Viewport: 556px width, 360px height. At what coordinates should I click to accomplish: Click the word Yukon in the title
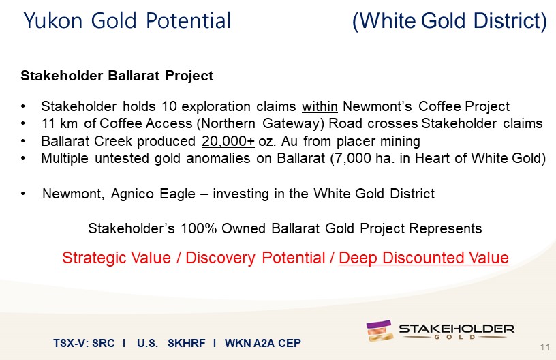(x=53, y=20)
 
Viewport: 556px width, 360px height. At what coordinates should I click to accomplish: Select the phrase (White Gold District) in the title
(x=450, y=21)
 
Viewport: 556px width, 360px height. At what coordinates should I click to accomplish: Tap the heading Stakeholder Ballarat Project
(x=117, y=76)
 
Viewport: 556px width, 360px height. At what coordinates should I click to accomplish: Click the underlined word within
(x=320, y=106)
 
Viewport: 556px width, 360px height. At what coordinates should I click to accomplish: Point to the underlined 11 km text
(x=59, y=123)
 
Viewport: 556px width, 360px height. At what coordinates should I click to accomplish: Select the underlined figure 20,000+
(x=228, y=141)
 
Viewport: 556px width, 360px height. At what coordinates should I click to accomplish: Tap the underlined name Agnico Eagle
(x=153, y=194)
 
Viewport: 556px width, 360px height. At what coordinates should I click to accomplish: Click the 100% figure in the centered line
(x=198, y=228)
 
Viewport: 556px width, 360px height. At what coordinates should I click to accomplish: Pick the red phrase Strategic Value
(x=117, y=258)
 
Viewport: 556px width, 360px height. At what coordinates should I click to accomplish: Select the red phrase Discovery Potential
(x=256, y=258)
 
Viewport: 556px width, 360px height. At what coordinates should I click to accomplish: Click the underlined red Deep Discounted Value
(x=424, y=258)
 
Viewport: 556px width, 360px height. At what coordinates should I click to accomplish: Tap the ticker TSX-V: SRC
(x=84, y=343)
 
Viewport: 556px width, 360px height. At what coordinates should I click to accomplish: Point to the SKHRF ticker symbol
(x=187, y=343)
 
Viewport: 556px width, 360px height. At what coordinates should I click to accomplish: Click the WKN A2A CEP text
(x=263, y=343)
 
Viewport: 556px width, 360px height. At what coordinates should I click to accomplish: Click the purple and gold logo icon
(x=380, y=331)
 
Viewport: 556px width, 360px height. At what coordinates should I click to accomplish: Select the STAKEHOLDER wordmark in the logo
(x=457, y=329)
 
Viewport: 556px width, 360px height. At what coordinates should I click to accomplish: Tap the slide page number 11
(x=545, y=347)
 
